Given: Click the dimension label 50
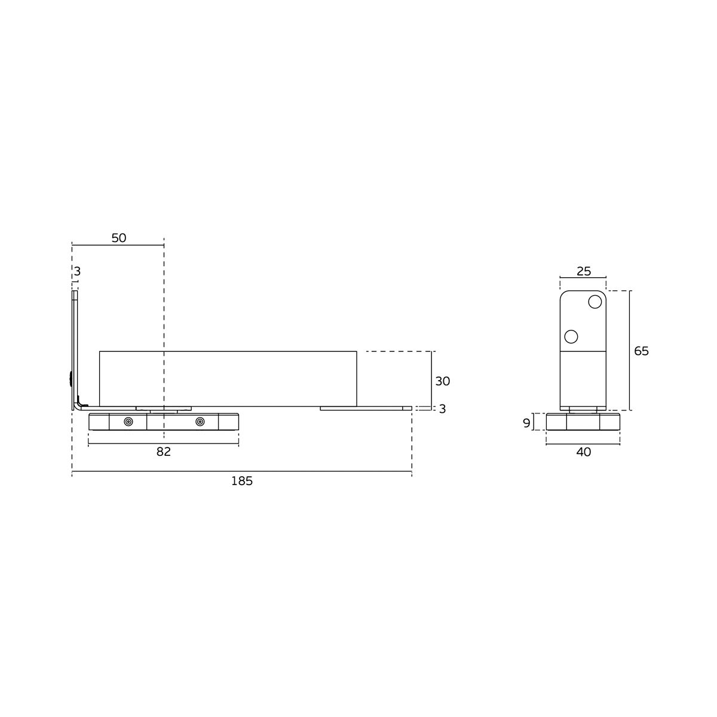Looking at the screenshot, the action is (x=119, y=238).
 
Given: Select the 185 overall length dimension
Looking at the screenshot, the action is (x=242, y=482).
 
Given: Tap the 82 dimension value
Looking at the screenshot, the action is (x=163, y=452).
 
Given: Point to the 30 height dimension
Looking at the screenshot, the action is (x=442, y=381).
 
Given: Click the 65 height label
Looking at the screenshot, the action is (x=641, y=351).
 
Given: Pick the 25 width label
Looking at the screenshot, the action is (x=583, y=271).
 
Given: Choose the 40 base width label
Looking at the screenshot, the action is (x=583, y=452).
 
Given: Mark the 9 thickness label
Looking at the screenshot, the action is (x=526, y=423).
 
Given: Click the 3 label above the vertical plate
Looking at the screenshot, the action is (x=77, y=272).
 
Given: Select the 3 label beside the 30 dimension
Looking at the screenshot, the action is (x=442, y=409).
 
